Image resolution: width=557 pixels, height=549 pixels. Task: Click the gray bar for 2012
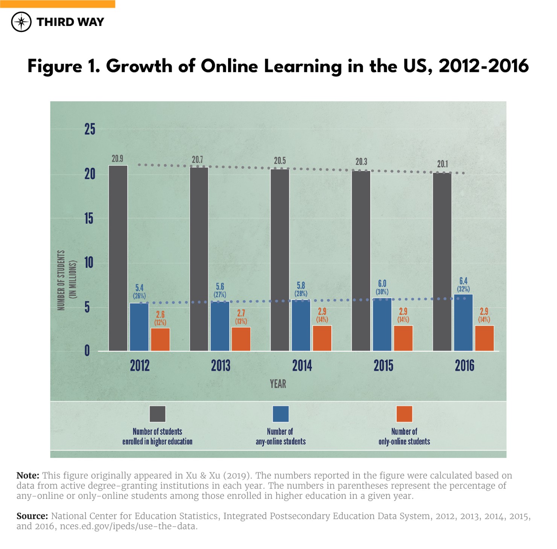(x=118, y=258)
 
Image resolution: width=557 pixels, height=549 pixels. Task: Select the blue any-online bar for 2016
(x=463, y=323)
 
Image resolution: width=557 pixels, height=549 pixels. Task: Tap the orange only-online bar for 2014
(x=322, y=338)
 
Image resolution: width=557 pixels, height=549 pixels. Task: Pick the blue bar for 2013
(x=220, y=326)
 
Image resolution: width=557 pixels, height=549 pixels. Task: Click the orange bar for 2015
(x=403, y=338)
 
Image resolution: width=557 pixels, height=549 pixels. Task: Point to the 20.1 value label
(x=443, y=164)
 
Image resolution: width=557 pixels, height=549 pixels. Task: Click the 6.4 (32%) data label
(x=463, y=285)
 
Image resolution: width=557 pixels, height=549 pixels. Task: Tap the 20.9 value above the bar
(x=117, y=159)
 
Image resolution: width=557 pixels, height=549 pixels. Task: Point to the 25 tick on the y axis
(x=90, y=129)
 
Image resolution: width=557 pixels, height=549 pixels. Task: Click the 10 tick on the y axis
(x=89, y=262)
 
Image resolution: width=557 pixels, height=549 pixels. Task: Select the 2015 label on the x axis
(x=383, y=366)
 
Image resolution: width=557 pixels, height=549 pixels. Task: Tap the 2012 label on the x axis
(x=140, y=366)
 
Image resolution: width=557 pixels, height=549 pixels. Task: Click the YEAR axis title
(x=278, y=384)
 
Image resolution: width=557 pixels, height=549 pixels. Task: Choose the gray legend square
(x=157, y=414)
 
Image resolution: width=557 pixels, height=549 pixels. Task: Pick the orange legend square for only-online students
(x=404, y=414)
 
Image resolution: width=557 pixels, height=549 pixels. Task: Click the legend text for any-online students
(x=280, y=437)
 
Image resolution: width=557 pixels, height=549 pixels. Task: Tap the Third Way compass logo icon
(x=21, y=22)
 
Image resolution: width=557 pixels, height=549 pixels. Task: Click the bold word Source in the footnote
(x=32, y=516)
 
